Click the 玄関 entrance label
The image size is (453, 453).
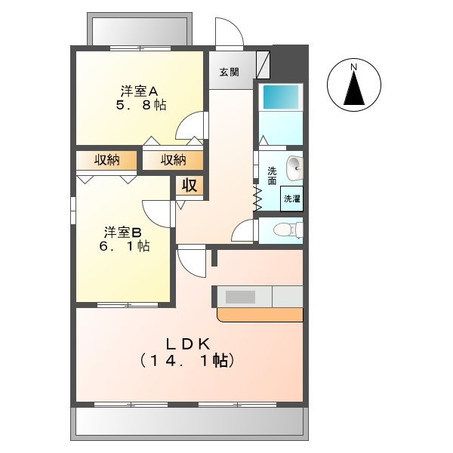(x=230, y=73)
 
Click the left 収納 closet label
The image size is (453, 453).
(x=107, y=160)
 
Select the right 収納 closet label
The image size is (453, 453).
(x=174, y=160)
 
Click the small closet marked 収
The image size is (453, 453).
(x=189, y=186)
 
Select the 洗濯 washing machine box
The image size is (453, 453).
(x=291, y=198)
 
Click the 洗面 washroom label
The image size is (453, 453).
(x=272, y=175)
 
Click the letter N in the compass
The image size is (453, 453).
(x=353, y=68)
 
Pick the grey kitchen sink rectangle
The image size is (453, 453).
(x=242, y=297)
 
